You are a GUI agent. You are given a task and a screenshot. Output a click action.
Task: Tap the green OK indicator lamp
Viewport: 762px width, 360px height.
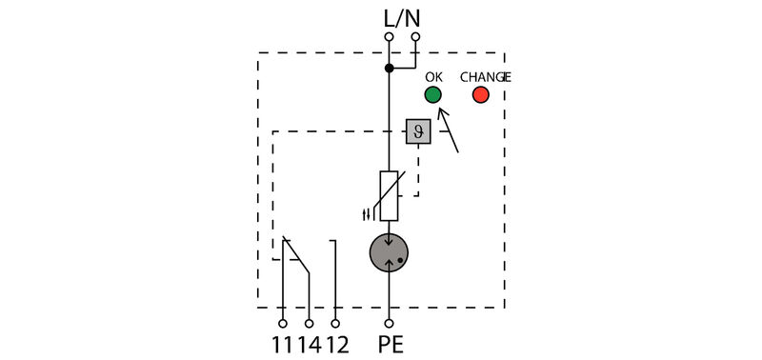point(432,94)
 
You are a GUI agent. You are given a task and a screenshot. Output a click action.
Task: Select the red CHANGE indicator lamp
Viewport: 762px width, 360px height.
point(480,94)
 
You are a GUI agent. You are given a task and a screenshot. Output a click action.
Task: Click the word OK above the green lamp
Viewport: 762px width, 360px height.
point(433,76)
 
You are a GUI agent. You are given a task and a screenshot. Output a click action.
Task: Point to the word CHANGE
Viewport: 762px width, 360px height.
point(486,76)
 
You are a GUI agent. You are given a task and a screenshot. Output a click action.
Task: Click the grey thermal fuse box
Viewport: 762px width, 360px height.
point(416,131)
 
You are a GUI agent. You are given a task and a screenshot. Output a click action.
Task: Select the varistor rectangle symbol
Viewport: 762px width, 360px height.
point(389,195)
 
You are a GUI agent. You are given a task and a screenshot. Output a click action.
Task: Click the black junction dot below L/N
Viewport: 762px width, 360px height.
point(389,69)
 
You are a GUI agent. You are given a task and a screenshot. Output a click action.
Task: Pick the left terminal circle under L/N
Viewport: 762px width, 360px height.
point(389,37)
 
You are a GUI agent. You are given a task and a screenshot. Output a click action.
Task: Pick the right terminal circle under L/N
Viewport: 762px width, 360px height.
point(416,37)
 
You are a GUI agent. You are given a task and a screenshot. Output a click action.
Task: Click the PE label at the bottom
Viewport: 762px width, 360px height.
point(391,343)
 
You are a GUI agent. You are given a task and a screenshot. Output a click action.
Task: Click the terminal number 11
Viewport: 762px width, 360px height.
point(283,343)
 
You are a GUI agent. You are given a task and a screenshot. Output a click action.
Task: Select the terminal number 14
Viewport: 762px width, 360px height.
point(311,343)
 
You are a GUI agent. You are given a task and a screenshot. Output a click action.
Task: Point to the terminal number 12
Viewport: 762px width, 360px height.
point(338,343)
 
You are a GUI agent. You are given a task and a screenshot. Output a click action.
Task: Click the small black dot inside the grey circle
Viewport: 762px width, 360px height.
point(401,258)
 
